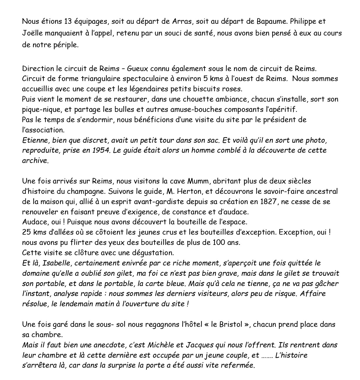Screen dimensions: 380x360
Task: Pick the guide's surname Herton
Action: coord(191,191)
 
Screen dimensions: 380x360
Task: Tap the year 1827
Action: coord(269,202)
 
